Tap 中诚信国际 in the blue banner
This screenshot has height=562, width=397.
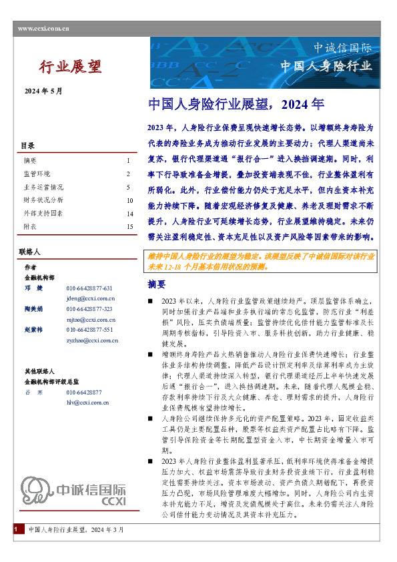pos(346,48)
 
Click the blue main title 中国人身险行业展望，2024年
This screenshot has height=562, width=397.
pos(236,104)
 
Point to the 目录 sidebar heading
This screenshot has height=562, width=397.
pos(27,146)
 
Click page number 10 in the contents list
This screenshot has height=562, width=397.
pos(129,200)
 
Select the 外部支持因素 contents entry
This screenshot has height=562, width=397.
pos(43,213)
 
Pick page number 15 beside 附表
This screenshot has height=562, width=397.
pos(129,226)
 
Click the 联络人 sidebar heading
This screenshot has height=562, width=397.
pos(30,252)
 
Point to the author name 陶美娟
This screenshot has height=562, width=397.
pos(34,310)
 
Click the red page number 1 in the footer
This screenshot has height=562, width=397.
pos(15,547)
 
